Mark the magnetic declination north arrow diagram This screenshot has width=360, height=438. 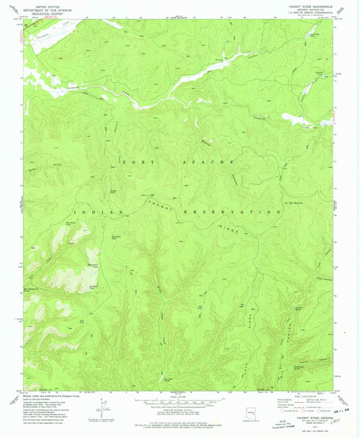click(x=103, y=408)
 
